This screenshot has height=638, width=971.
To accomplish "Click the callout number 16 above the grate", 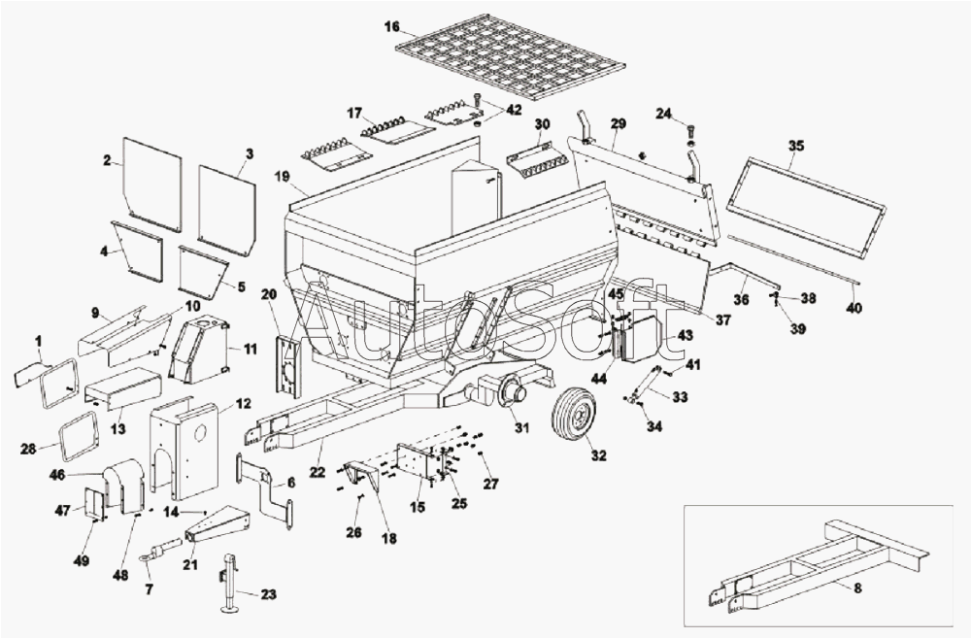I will click(x=391, y=26).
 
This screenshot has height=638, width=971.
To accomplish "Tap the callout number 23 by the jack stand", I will click(x=269, y=594).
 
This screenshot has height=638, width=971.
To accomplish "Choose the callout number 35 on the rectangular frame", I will click(x=796, y=146).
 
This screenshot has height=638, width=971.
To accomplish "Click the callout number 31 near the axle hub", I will click(x=522, y=428).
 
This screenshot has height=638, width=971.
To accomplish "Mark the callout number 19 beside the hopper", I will click(x=283, y=177).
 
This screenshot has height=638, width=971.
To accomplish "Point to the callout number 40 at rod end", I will click(x=854, y=308).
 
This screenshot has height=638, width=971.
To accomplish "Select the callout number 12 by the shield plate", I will click(x=243, y=403).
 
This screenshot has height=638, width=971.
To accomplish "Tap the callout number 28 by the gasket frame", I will click(x=29, y=448).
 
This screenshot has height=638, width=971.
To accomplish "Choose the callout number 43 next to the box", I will click(x=686, y=335).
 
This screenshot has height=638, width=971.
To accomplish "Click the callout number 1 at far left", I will click(x=38, y=340).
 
